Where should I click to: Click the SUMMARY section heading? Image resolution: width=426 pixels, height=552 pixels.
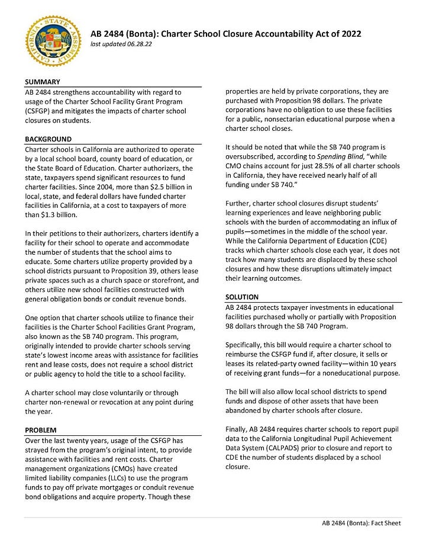[41, 82]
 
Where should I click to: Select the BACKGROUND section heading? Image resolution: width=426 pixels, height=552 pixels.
[49, 139]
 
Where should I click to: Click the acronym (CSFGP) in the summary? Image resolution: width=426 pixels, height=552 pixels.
[41, 111]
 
